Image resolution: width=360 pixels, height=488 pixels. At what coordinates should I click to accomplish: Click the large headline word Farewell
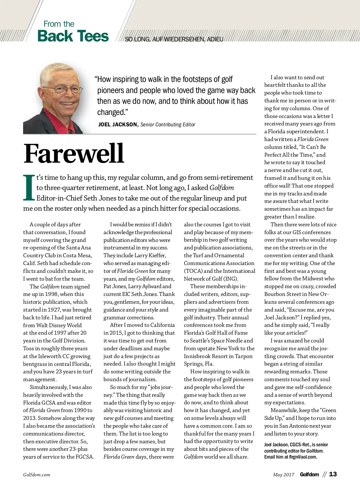tap(73, 153)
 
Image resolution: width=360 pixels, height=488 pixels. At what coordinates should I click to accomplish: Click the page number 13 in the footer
tap(333, 474)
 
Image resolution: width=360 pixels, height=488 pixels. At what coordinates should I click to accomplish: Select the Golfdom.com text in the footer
tap(37, 475)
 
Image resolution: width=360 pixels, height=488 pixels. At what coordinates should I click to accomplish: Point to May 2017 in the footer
tap(283, 475)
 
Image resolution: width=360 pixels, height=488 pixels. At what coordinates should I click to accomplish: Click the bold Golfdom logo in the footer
tap(309, 474)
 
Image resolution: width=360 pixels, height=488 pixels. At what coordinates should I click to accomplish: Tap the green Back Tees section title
tap(73, 36)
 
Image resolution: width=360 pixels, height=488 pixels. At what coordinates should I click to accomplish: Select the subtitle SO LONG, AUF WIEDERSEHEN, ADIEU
tap(174, 39)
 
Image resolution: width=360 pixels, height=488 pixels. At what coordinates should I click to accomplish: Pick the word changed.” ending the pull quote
tap(112, 112)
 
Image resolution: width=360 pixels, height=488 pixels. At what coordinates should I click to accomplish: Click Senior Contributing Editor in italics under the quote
tap(168, 125)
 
